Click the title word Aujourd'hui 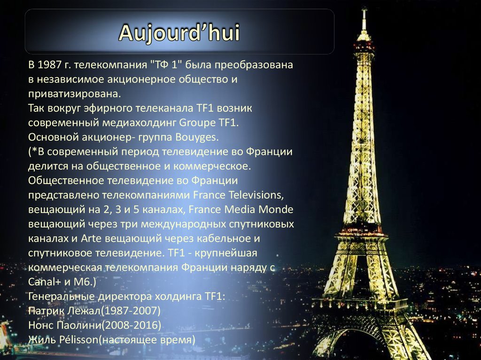point(179,32)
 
